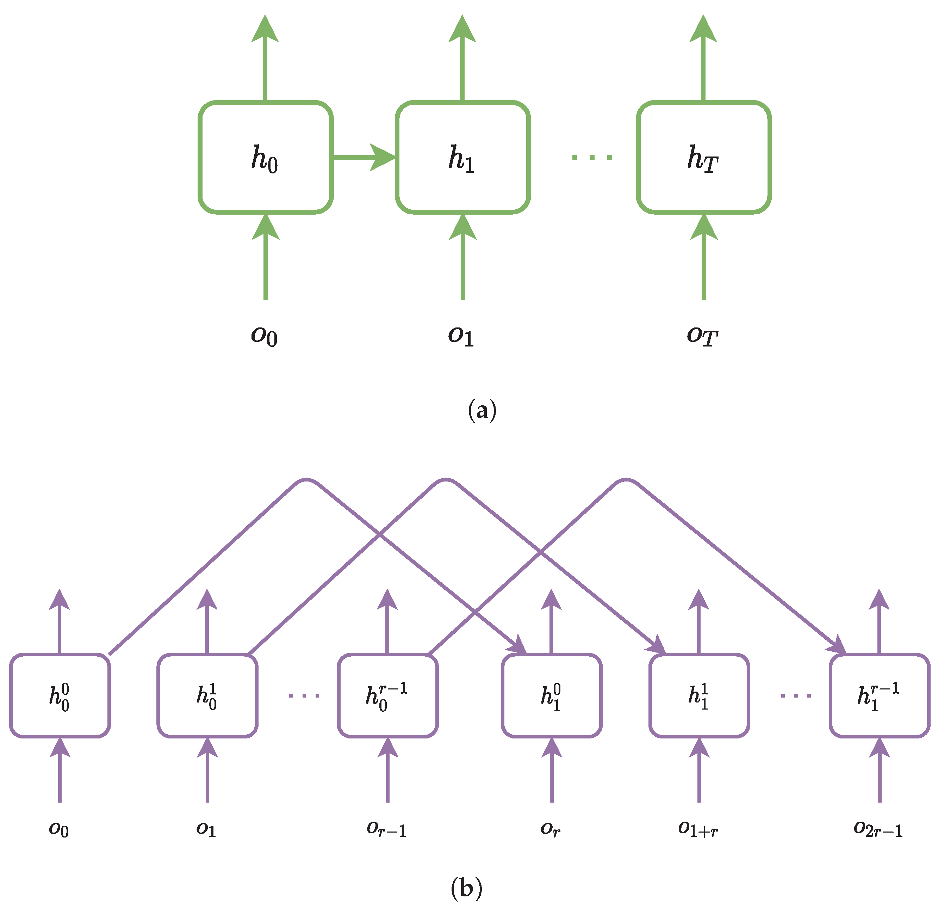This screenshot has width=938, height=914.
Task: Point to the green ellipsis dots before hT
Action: coord(592,157)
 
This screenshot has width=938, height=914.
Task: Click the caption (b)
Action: coord(466,889)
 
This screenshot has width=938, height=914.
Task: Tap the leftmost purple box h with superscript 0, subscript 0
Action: coord(60,695)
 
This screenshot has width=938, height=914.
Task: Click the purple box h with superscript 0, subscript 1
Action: coord(551,695)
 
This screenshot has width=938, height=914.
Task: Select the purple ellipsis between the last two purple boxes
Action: coord(795,695)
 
